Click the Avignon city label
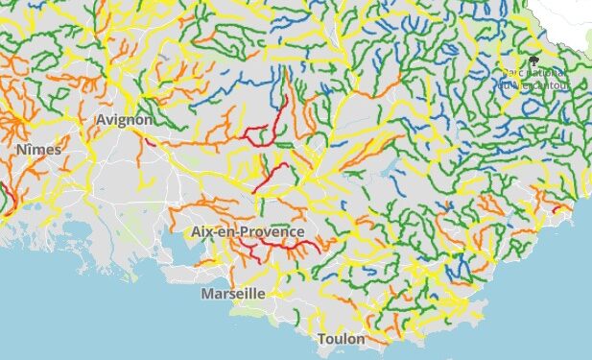(125, 120)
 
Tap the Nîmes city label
(38, 150)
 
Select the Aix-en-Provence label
(248, 232)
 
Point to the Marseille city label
(233, 294)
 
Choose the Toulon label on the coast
(341, 340)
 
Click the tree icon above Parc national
(533, 62)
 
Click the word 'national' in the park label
(547, 73)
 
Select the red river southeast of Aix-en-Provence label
(288, 247)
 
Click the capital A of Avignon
(102, 120)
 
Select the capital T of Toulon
(321, 340)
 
